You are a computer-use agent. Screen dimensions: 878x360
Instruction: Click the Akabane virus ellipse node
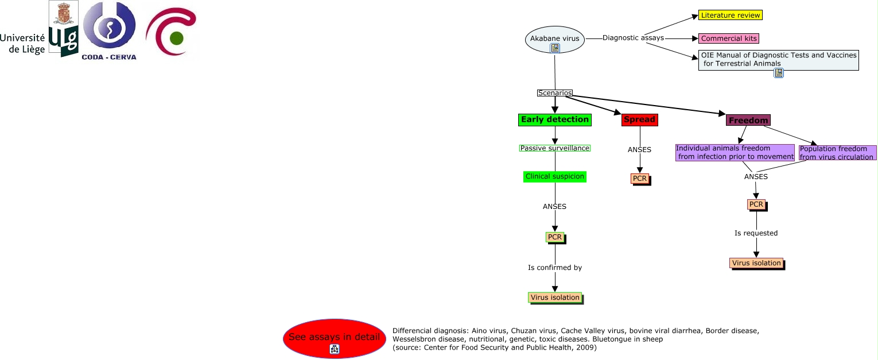coord(554,39)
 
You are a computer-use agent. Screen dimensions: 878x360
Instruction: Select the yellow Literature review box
coord(730,16)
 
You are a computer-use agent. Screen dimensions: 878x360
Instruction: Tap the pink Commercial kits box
coord(729,38)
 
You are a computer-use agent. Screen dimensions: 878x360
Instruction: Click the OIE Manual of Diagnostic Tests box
coord(779,60)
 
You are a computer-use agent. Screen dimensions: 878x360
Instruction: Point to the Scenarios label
coord(554,93)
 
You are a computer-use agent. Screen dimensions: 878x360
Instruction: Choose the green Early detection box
coord(554,119)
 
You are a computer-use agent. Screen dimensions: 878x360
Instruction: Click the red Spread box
coord(640,119)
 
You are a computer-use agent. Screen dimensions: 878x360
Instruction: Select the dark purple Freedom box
coord(748,121)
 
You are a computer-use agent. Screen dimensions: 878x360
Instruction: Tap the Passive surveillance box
coord(554,148)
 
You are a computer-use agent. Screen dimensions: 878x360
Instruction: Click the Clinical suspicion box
coord(554,176)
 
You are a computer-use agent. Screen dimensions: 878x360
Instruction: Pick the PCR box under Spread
coord(640,179)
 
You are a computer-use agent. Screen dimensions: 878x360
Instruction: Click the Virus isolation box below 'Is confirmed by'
coord(555,298)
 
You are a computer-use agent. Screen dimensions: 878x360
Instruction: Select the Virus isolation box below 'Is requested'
coord(757,264)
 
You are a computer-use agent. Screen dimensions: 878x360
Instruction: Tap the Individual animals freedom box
coord(735,153)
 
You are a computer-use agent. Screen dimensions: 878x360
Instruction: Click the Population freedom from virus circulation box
coord(837,153)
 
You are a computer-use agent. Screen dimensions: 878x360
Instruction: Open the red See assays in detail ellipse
coord(335,338)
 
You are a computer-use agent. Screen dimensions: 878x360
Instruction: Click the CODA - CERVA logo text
coord(109,57)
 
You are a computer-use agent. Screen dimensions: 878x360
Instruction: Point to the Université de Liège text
coord(22,44)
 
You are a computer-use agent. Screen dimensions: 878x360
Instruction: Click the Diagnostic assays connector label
coord(633,38)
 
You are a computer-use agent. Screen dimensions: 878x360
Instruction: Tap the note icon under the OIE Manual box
coord(779,73)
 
